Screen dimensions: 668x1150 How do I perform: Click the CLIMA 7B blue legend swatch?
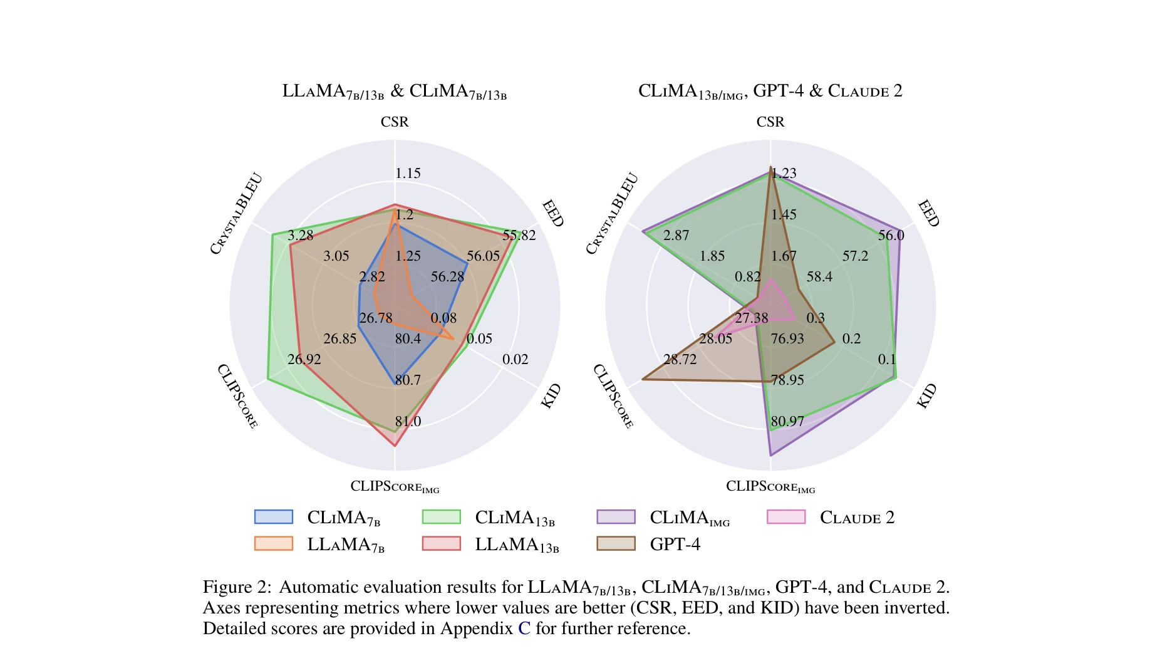point(273,517)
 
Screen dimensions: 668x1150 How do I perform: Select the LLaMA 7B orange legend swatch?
point(273,543)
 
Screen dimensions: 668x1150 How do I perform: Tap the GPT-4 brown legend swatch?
point(616,543)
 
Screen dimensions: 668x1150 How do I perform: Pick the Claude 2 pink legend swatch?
point(786,517)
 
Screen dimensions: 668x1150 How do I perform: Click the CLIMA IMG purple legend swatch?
point(616,517)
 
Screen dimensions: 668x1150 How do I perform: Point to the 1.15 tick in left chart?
point(408,174)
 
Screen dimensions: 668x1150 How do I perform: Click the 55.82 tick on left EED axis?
point(519,236)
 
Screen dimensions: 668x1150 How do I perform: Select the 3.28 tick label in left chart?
point(300,236)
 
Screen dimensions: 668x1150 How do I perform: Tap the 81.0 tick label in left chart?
point(408,422)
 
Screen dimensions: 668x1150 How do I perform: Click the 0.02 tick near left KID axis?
point(515,360)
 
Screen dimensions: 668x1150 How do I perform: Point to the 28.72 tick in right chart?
point(680,360)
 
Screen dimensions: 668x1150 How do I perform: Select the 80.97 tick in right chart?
point(787,422)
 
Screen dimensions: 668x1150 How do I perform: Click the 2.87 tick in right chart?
point(676,236)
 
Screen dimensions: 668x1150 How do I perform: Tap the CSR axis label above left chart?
point(395,122)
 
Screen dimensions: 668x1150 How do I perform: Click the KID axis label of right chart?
point(926,396)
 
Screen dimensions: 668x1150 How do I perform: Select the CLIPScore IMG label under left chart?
point(395,487)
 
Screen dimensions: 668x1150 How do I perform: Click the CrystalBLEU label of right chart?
point(612,214)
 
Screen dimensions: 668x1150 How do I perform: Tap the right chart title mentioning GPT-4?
point(770,91)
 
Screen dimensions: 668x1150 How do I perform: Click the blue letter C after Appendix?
point(524,629)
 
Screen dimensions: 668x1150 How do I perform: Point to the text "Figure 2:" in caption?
point(237,587)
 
